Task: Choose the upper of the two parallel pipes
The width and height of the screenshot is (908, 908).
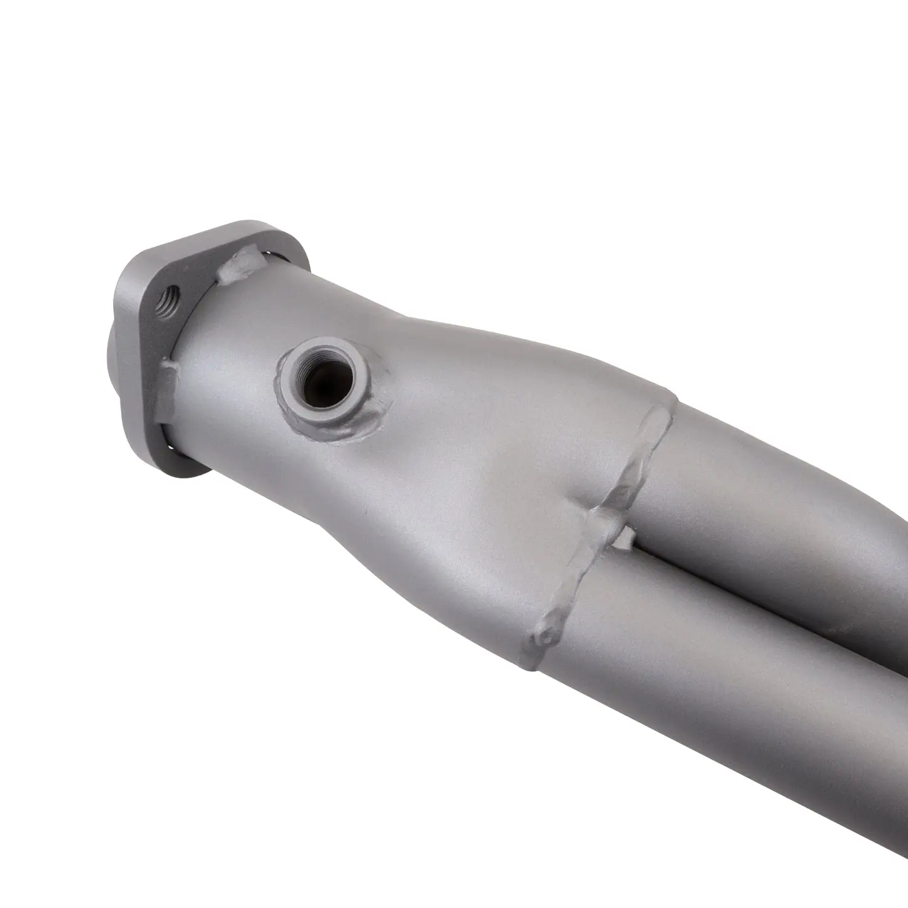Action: pos(787,484)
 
